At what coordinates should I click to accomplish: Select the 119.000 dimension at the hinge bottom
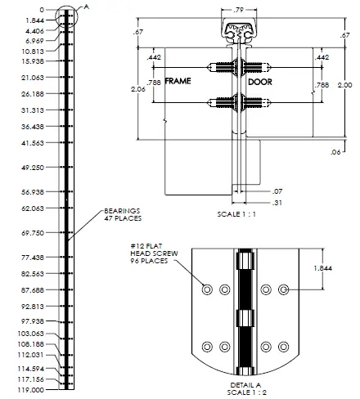click(32, 391)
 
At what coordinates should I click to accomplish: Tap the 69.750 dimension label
click(33, 232)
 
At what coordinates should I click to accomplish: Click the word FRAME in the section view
click(177, 83)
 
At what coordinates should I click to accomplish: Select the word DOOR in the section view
click(261, 83)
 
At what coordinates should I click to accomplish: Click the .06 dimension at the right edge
click(336, 152)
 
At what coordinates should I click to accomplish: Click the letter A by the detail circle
click(88, 5)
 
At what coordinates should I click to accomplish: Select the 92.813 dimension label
click(33, 306)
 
